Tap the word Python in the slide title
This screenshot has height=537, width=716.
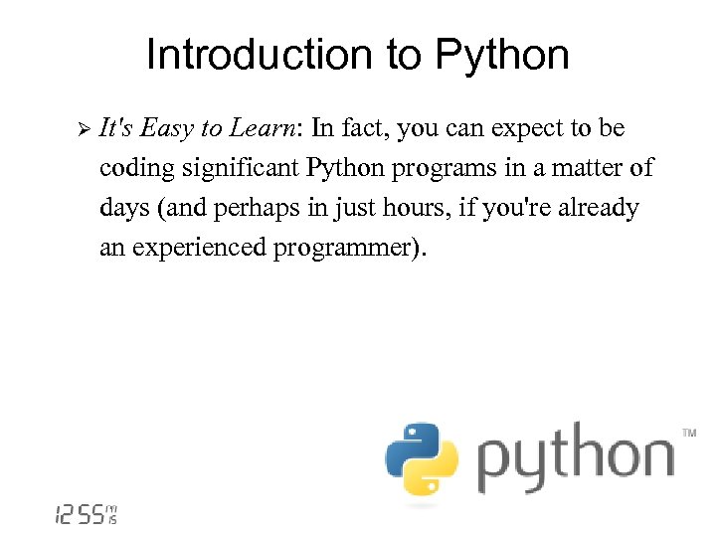tap(503, 57)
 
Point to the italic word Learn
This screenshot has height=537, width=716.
tap(266, 129)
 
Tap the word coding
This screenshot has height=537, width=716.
tap(136, 169)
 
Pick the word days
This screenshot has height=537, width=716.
tap(123, 209)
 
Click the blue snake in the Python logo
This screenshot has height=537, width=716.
tap(410, 445)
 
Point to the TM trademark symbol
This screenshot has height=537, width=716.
tap(689, 434)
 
